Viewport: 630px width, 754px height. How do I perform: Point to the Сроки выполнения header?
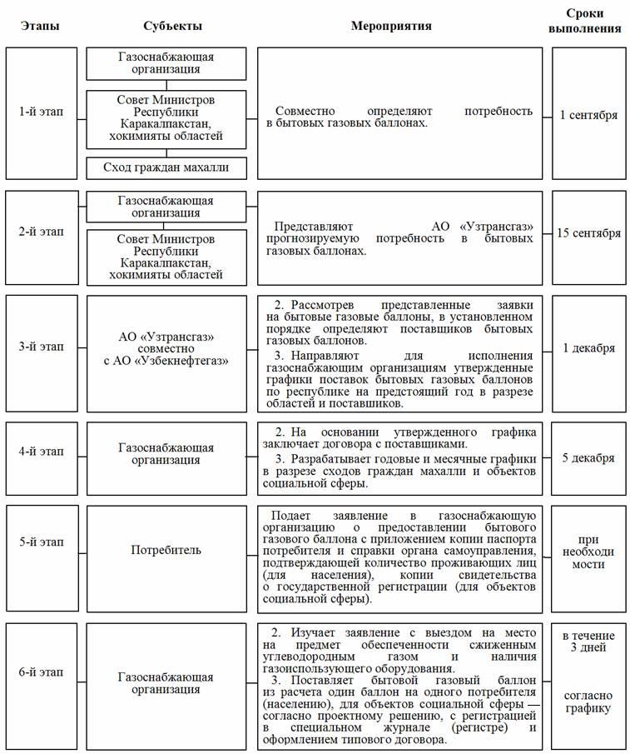click(x=588, y=21)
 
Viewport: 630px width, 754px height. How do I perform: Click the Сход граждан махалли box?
click(x=166, y=168)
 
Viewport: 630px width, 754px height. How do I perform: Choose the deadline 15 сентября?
click(x=588, y=233)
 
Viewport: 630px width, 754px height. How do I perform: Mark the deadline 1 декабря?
click(x=588, y=348)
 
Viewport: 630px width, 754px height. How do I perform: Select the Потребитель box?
click(x=166, y=550)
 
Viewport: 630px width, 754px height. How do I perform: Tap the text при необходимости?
click(x=588, y=552)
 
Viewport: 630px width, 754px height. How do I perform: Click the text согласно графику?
click(x=588, y=702)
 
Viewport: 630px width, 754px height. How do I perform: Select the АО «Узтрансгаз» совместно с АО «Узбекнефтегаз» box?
click(x=166, y=348)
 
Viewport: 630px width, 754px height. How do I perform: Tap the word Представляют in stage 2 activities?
click(x=315, y=226)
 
